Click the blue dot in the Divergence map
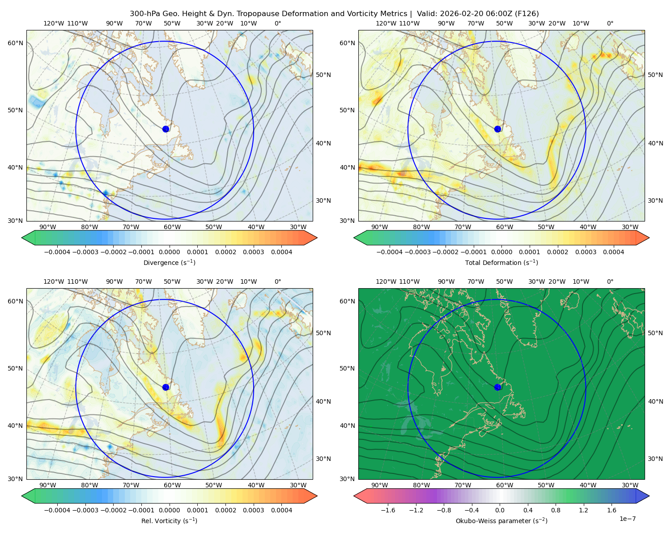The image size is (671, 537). (166, 129)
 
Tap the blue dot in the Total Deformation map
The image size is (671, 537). (497, 129)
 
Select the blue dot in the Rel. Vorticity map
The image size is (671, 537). (166, 387)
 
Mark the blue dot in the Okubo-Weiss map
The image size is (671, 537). (497, 387)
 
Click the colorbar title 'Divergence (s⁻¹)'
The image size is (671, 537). (169, 262)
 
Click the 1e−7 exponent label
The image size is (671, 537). (627, 519)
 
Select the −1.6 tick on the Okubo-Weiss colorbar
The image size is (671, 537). (388, 510)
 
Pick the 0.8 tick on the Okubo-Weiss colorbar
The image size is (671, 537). (556, 510)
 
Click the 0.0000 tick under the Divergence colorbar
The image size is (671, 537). (169, 252)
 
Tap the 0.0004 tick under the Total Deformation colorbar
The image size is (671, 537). (613, 252)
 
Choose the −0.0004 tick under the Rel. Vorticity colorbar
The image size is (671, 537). (57, 510)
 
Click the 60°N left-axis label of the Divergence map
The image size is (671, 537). (15, 43)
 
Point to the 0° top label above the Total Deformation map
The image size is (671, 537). (610, 23)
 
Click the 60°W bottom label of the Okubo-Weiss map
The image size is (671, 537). (505, 485)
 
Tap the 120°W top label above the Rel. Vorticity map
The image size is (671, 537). (54, 281)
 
